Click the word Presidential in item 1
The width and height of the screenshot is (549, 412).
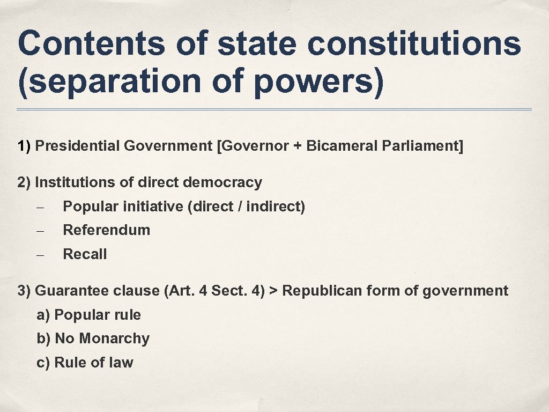click(78, 146)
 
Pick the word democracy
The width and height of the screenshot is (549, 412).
click(222, 182)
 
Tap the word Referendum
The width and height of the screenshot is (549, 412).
click(106, 230)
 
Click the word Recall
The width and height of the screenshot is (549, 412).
click(85, 254)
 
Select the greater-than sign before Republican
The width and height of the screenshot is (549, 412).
click(273, 291)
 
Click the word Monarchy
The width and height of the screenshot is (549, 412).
click(114, 339)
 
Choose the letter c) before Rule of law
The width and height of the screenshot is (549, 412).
click(43, 363)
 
